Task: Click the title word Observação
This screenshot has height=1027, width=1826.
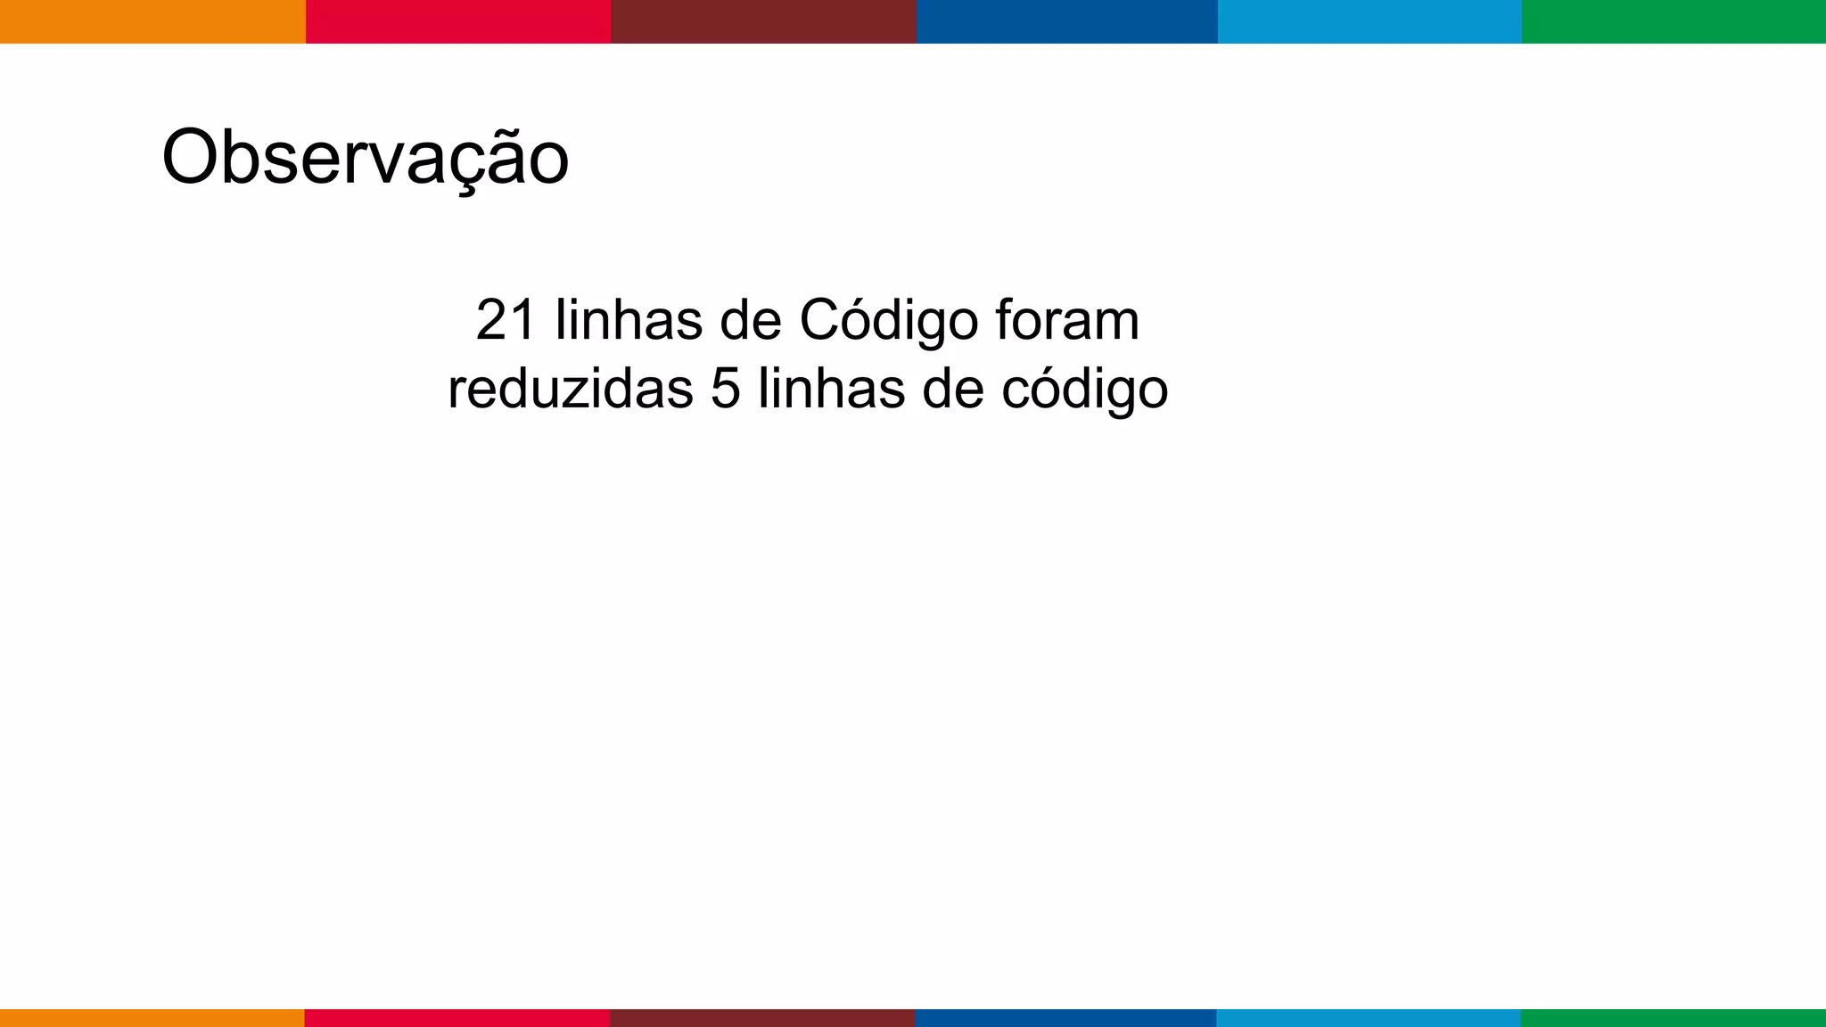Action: click(x=365, y=158)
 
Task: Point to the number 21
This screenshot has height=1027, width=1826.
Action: click(x=506, y=320)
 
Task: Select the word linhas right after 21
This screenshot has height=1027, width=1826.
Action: click(x=629, y=320)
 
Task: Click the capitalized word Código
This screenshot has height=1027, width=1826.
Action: click(x=888, y=322)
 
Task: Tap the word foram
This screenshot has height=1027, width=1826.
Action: click(x=1067, y=320)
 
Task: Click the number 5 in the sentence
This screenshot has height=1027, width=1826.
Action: click(x=726, y=390)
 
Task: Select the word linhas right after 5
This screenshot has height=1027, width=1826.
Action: click(x=831, y=390)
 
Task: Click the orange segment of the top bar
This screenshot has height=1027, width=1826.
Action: click(x=152, y=21)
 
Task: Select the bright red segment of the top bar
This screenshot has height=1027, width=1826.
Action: click(x=458, y=21)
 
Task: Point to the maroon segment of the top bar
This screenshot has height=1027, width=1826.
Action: click(x=763, y=21)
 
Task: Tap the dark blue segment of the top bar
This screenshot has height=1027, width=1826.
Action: click(x=1066, y=21)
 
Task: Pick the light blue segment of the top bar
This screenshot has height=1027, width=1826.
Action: click(x=1369, y=21)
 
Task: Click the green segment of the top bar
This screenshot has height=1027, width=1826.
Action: click(x=1674, y=21)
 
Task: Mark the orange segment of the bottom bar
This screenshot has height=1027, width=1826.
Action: click(x=152, y=1018)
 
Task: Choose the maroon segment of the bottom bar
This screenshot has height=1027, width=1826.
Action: click(x=762, y=1018)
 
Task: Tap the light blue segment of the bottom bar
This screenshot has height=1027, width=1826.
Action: click(x=1369, y=1018)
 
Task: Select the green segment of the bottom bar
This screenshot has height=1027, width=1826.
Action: click(x=1673, y=1018)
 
